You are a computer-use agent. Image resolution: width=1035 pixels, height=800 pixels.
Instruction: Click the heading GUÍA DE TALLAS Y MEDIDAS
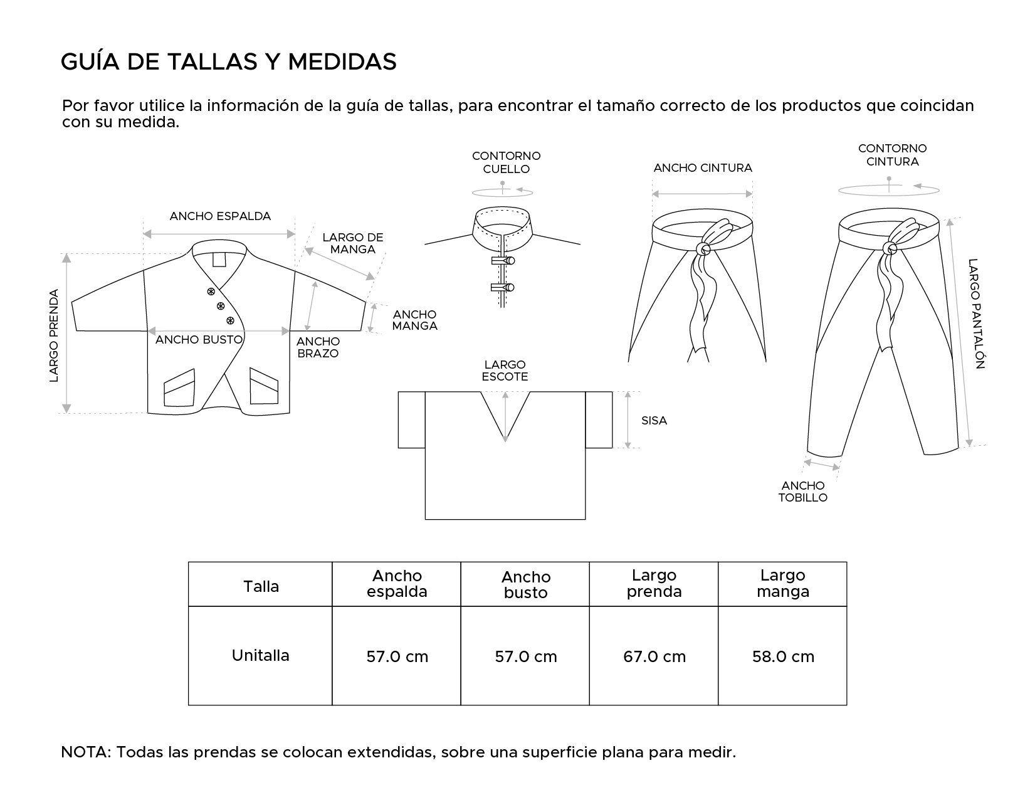229,62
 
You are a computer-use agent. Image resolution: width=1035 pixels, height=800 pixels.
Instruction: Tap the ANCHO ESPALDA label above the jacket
220,216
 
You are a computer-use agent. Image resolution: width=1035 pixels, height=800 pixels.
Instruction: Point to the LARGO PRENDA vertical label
54,335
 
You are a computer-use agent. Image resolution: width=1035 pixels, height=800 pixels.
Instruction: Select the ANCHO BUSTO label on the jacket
199,340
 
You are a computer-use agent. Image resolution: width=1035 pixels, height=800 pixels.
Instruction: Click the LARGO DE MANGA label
352,243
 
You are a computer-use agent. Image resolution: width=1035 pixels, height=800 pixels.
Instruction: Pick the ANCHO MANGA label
414,320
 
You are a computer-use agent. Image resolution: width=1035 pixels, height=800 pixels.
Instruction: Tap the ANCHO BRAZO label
318,347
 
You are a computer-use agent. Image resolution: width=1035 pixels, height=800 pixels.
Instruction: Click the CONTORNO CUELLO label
506,162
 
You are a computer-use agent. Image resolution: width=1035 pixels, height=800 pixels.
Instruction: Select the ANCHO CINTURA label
702,168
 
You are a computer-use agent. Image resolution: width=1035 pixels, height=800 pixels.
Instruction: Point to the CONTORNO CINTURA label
892,155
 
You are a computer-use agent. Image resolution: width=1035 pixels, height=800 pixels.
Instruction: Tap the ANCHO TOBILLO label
803,492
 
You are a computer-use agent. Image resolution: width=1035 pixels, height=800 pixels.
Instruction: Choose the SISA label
654,421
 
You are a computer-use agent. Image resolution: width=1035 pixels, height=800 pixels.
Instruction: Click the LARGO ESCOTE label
505,371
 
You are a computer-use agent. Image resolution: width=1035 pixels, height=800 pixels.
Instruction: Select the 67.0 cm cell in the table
654,656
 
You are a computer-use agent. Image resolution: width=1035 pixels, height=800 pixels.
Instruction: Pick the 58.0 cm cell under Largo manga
783,656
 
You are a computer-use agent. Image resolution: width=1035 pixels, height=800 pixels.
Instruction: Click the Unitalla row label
260,656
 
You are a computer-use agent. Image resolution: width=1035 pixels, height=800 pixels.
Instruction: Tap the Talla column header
261,587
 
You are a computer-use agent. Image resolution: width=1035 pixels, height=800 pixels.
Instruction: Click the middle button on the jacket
220,306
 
